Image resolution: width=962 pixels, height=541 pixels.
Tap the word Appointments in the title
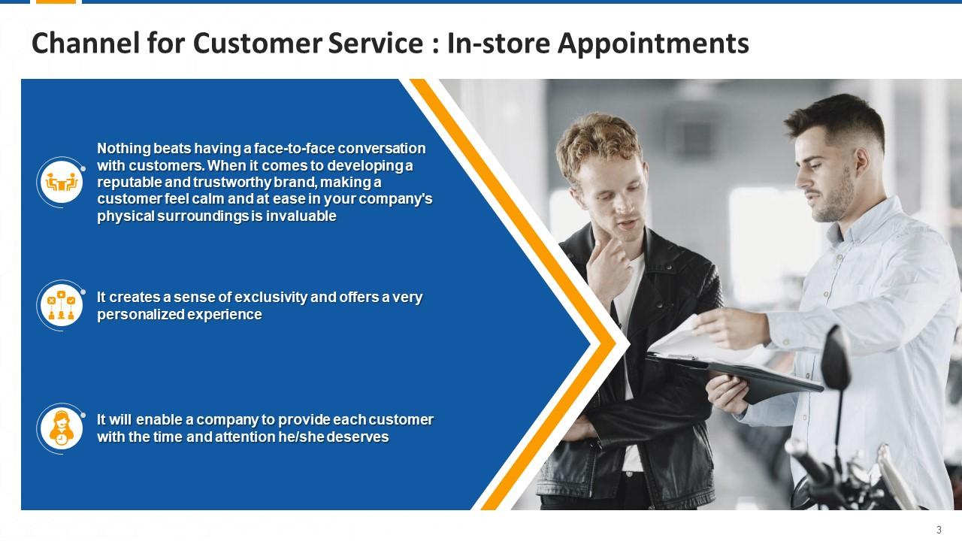click(x=653, y=44)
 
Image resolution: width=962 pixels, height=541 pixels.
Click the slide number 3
click(x=939, y=529)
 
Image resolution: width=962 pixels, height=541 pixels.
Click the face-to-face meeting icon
click(x=62, y=182)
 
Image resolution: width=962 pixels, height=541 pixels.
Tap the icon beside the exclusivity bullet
click(x=62, y=305)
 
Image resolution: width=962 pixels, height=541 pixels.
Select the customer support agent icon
click(x=62, y=428)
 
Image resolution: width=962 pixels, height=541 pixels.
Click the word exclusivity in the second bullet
click(x=264, y=297)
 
